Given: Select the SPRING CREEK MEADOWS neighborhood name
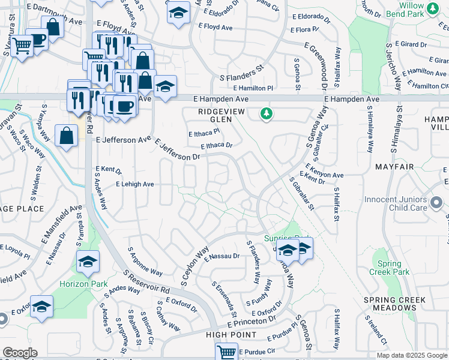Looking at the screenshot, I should click(x=394, y=304).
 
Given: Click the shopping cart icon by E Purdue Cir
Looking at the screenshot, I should click(x=226, y=352).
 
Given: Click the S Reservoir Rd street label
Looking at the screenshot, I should click(x=147, y=282).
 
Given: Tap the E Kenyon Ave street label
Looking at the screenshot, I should click(x=324, y=171).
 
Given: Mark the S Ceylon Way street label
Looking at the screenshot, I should click(x=195, y=265).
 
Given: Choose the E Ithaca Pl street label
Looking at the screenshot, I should click(x=201, y=134).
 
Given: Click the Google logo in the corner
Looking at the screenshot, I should click(x=19, y=353).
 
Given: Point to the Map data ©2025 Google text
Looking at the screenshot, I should click(x=411, y=355).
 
